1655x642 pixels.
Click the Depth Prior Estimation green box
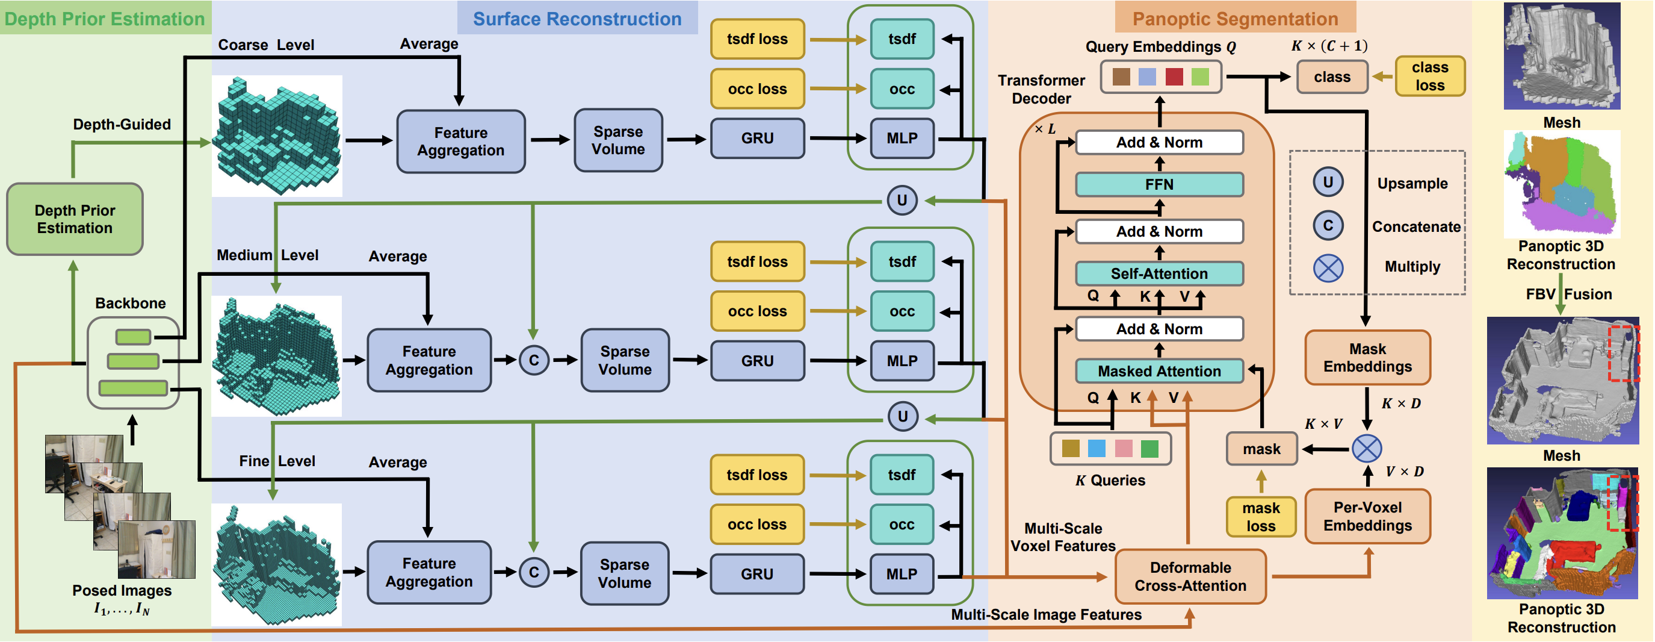coord(75,219)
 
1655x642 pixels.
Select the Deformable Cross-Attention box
coord(1190,576)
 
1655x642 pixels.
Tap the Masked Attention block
coord(1159,371)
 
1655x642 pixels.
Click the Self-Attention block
coord(1159,273)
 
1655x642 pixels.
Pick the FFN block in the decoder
coord(1159,184)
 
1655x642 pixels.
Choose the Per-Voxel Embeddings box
coord(1367,516)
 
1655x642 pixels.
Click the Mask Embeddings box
coord(1367,357)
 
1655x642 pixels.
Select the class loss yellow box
coord(1429,76)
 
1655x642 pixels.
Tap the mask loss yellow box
coord(1261,517)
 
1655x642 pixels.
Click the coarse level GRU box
coord(757,137)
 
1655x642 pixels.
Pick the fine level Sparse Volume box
coord(625,573)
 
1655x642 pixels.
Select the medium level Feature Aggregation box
coord(428,360)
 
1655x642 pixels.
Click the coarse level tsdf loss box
coord(757,39)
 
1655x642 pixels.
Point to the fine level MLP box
coord(902,574)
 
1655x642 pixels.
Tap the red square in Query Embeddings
coord(1174,76)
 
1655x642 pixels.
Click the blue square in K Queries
coord(1097,448)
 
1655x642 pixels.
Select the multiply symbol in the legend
coord(1328,268)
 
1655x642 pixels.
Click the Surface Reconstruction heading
coord(577,19)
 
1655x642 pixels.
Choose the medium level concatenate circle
coord(533,360)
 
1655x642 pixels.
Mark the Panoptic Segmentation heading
coord(1235,19)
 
